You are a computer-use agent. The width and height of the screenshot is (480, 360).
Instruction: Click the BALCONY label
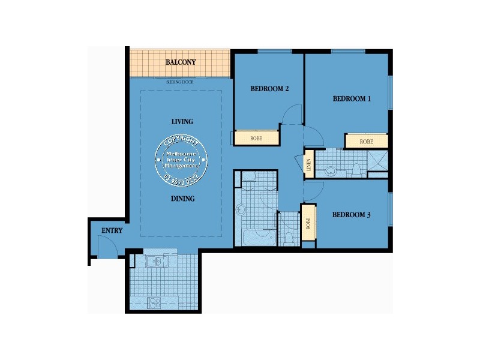click(181, 62)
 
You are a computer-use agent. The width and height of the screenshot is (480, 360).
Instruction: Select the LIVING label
click(182, 122)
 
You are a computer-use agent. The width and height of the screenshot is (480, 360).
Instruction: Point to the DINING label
click(182, 199)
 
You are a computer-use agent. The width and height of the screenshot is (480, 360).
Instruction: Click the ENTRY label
click(112, 230)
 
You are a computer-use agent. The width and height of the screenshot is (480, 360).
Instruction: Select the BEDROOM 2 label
click(270, 89)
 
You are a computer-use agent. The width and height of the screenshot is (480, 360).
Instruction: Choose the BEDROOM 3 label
click(352, 214)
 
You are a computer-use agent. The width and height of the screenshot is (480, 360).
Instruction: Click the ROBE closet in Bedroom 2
click(256, 137)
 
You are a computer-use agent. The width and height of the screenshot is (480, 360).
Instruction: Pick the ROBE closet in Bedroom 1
click(366, 142)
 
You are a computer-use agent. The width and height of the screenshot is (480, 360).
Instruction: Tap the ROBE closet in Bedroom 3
click(308, 223)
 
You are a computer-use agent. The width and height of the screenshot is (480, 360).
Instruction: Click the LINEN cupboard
click(309, 164)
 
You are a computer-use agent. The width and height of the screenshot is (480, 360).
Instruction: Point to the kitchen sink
click(155, 262)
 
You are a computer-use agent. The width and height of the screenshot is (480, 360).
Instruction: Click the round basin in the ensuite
click(331, 171)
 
